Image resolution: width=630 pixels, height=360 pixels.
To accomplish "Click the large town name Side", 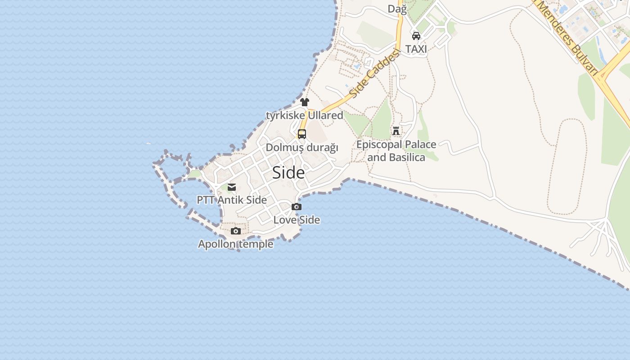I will (288, 173).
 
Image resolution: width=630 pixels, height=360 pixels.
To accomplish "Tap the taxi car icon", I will (416, 36).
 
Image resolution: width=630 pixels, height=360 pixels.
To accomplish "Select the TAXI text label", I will (416, 49).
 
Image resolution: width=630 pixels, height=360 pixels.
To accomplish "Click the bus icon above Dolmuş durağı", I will (302, 134).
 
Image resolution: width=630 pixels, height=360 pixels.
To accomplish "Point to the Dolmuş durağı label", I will (302, 148).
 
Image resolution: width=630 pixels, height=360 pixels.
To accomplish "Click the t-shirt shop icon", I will (305, 102).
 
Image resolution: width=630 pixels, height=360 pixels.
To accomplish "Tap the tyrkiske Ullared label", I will (305, 115).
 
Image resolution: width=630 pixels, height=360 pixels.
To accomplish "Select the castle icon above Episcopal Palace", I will (396, 131).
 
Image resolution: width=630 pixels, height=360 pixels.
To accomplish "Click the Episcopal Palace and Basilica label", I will (396, 151).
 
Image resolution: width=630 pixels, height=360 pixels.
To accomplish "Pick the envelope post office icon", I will (232, 187).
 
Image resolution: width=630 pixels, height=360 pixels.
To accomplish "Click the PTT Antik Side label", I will (232, 200).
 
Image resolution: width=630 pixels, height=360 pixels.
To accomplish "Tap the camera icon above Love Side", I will (297, 207).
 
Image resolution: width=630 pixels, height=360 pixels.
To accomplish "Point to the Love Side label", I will (297, 220).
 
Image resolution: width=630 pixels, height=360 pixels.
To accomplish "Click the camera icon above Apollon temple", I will (236, 231).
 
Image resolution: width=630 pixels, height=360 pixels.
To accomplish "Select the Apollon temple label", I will (236, 244).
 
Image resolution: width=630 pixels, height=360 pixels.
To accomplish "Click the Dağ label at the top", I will (397, 9).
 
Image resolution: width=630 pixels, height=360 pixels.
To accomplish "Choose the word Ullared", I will (325, 115).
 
